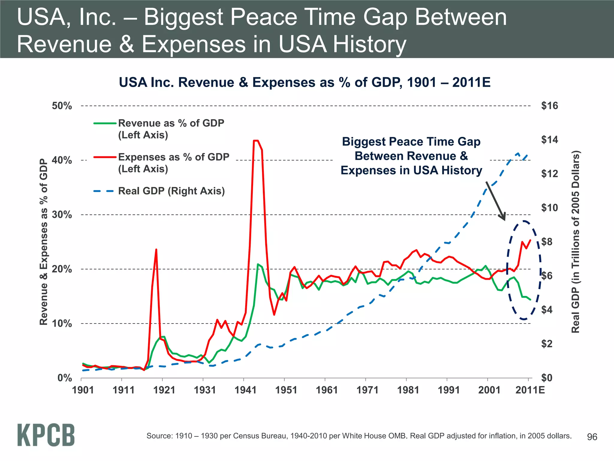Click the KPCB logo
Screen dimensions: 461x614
click(x=46, y=435)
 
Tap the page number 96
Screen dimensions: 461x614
click(x=592, y=437)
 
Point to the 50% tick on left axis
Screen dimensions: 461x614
click(x=62, y=106)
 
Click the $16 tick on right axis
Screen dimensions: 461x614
click(x=549, y=106)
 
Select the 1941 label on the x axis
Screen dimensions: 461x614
click(x=246, y=390)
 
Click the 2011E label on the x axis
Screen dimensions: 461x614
click(x=530, y=390)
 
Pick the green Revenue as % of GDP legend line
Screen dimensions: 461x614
click(x=105, y=123)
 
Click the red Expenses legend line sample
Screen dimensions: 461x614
click(x=105, y=157)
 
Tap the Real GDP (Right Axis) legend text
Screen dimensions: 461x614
click(x=171, y=191)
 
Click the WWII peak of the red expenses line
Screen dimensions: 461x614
click(x=256, y=140)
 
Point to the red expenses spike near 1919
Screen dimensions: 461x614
click(x=156, y=250)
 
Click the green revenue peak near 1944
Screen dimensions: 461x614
click(x=258, y=264)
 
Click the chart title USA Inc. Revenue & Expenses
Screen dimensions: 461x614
click(x=305, y=82)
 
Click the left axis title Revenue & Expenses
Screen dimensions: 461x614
click(x=44, y=242)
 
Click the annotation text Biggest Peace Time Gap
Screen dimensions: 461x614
click(x=411, y=142)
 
